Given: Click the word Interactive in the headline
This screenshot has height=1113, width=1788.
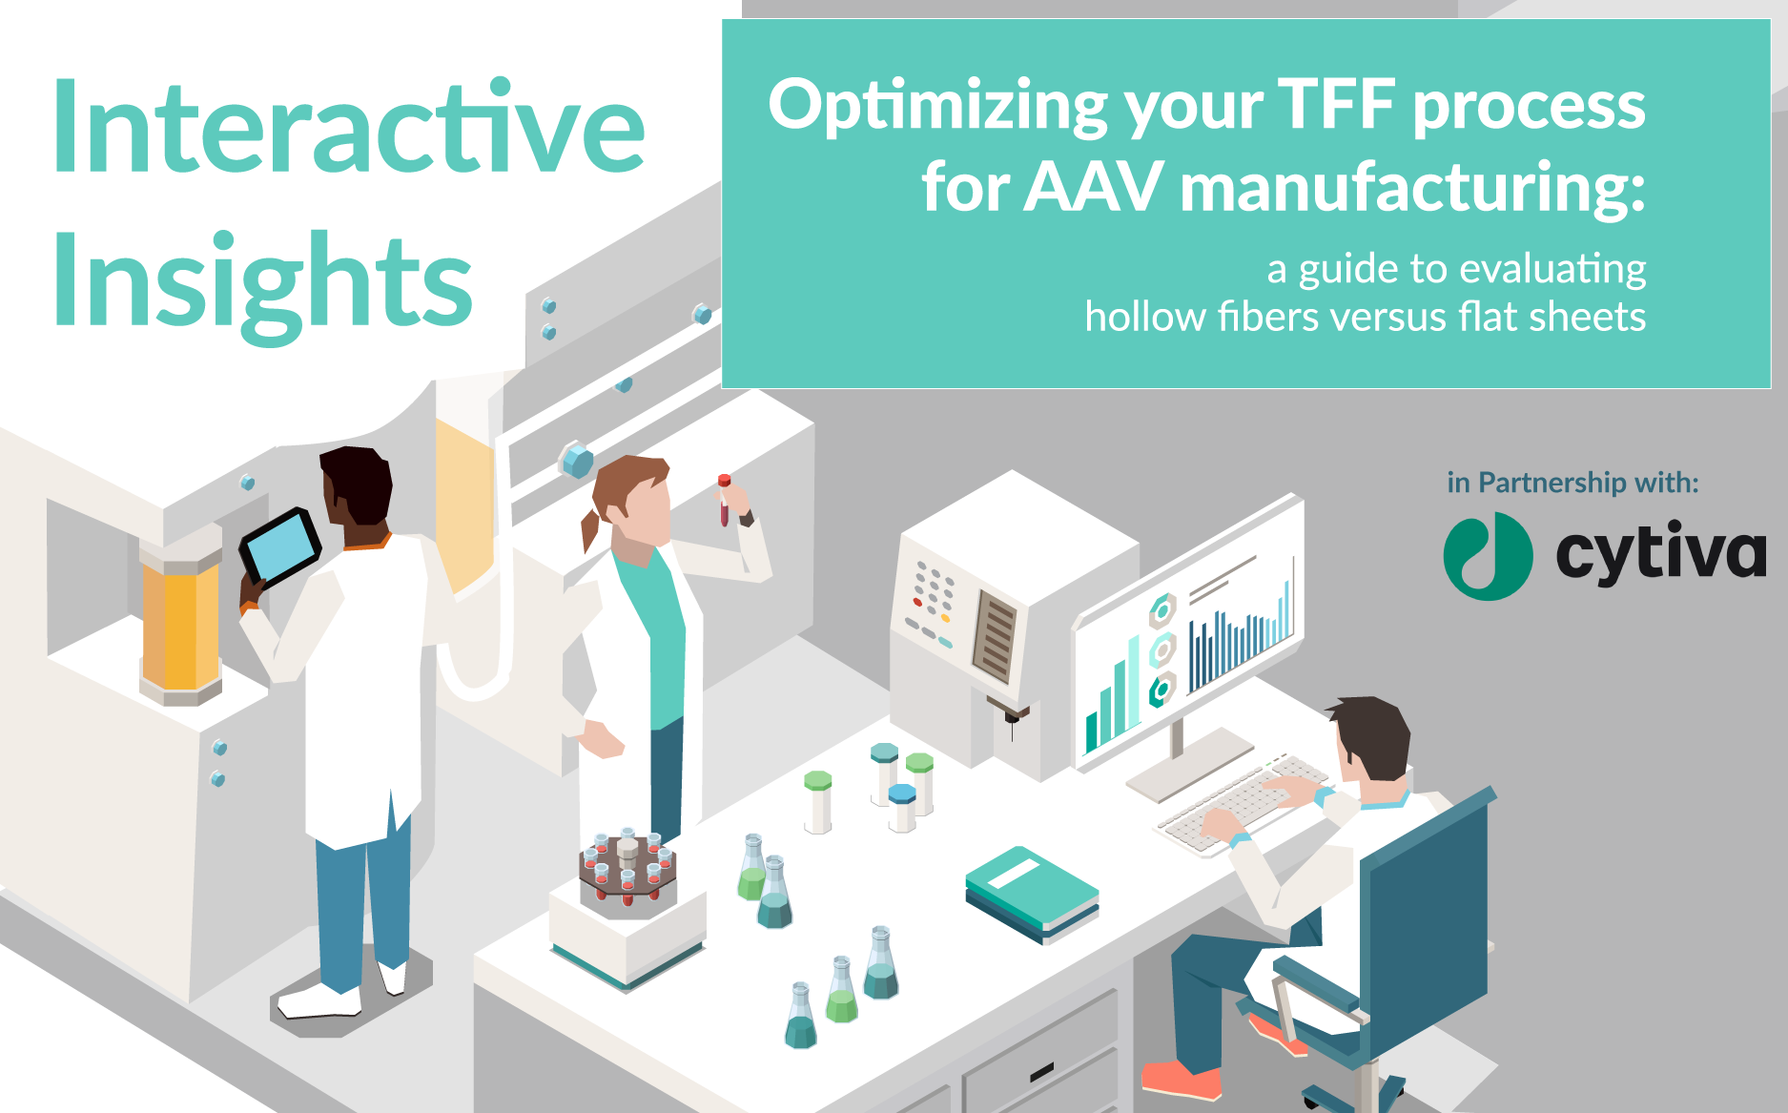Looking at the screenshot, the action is (349, 127).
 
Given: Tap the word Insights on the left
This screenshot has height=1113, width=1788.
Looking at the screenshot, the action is (262, 283).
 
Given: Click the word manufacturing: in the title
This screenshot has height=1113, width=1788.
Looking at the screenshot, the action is (1412, 187).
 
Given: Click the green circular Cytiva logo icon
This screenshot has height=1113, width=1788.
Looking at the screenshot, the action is (1488, 556).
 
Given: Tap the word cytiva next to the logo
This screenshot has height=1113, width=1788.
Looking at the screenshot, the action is (1660, 553).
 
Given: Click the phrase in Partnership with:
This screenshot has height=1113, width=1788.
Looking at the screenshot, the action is (1572, 483).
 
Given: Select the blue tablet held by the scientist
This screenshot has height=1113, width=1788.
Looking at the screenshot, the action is (280, 547).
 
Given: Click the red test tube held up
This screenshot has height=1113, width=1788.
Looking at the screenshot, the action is (724, 500).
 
